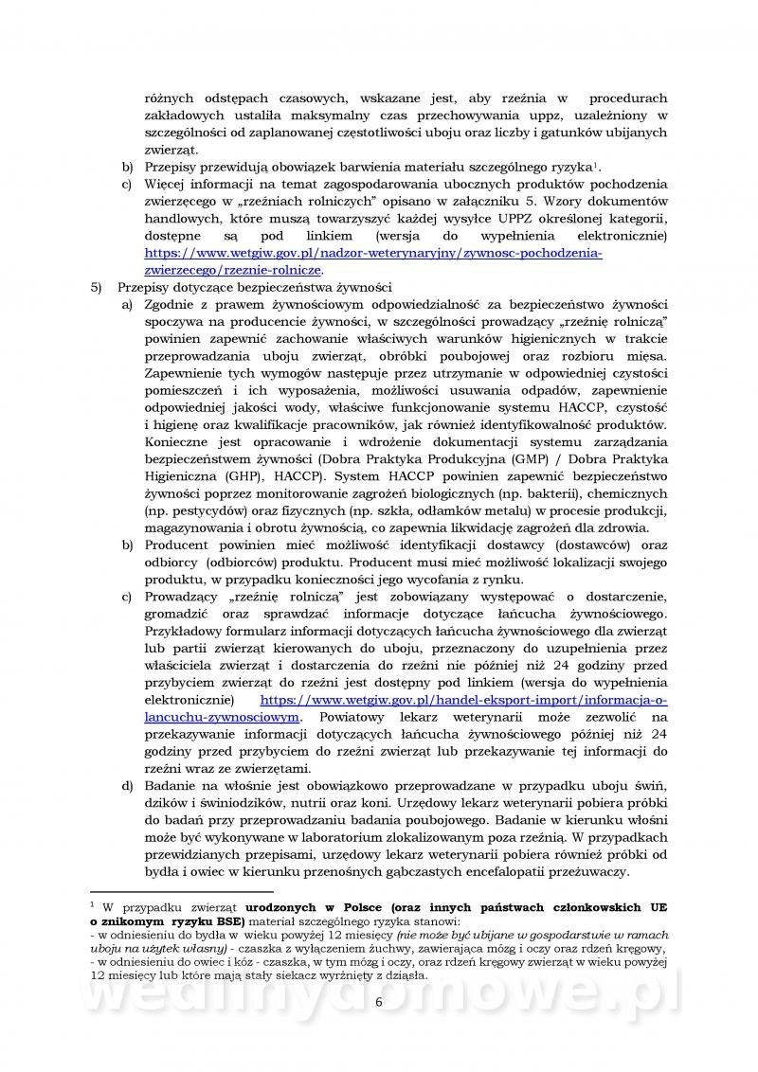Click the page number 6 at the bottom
pos(379,1031)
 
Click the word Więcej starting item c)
pos(170,184)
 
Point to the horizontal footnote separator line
pos(181,891)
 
